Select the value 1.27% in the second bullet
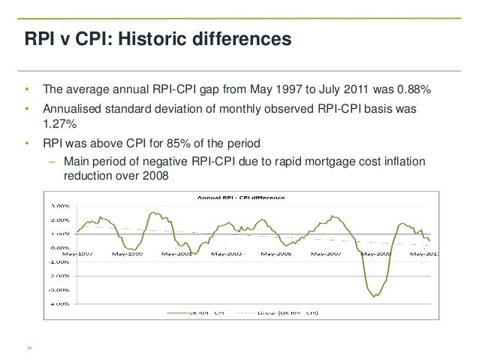pyautogui.click(x=59, y=124)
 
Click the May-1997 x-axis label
pyautogui.click(x=73, y=253)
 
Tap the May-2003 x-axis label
pyautogui.click(x=227, y=253)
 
